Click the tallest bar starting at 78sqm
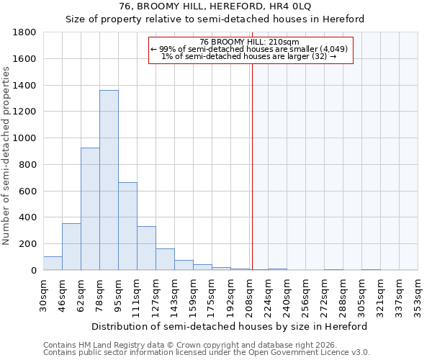[x=109, y=180]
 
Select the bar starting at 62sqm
[x=90, y=209]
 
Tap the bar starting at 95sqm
[x=127, y=226]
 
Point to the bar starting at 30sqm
[x=53, y=264]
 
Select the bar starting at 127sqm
[x=165, y=259]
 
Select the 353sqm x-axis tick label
[x=418, y=294]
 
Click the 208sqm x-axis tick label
[x=250, y=294]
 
